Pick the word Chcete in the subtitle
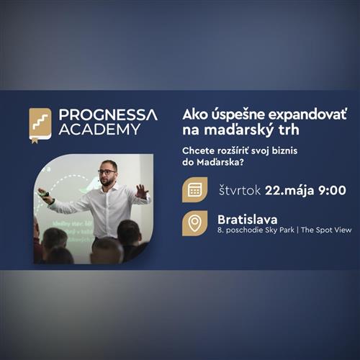click(199, 150)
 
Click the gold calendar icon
click(194, 189)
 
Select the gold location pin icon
click(194, 222)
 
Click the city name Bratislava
click(248, 217)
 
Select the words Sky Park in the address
click(276, 230)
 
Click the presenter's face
click(109, 174)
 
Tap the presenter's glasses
click(108, 171)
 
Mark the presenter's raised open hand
click(142, 191)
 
